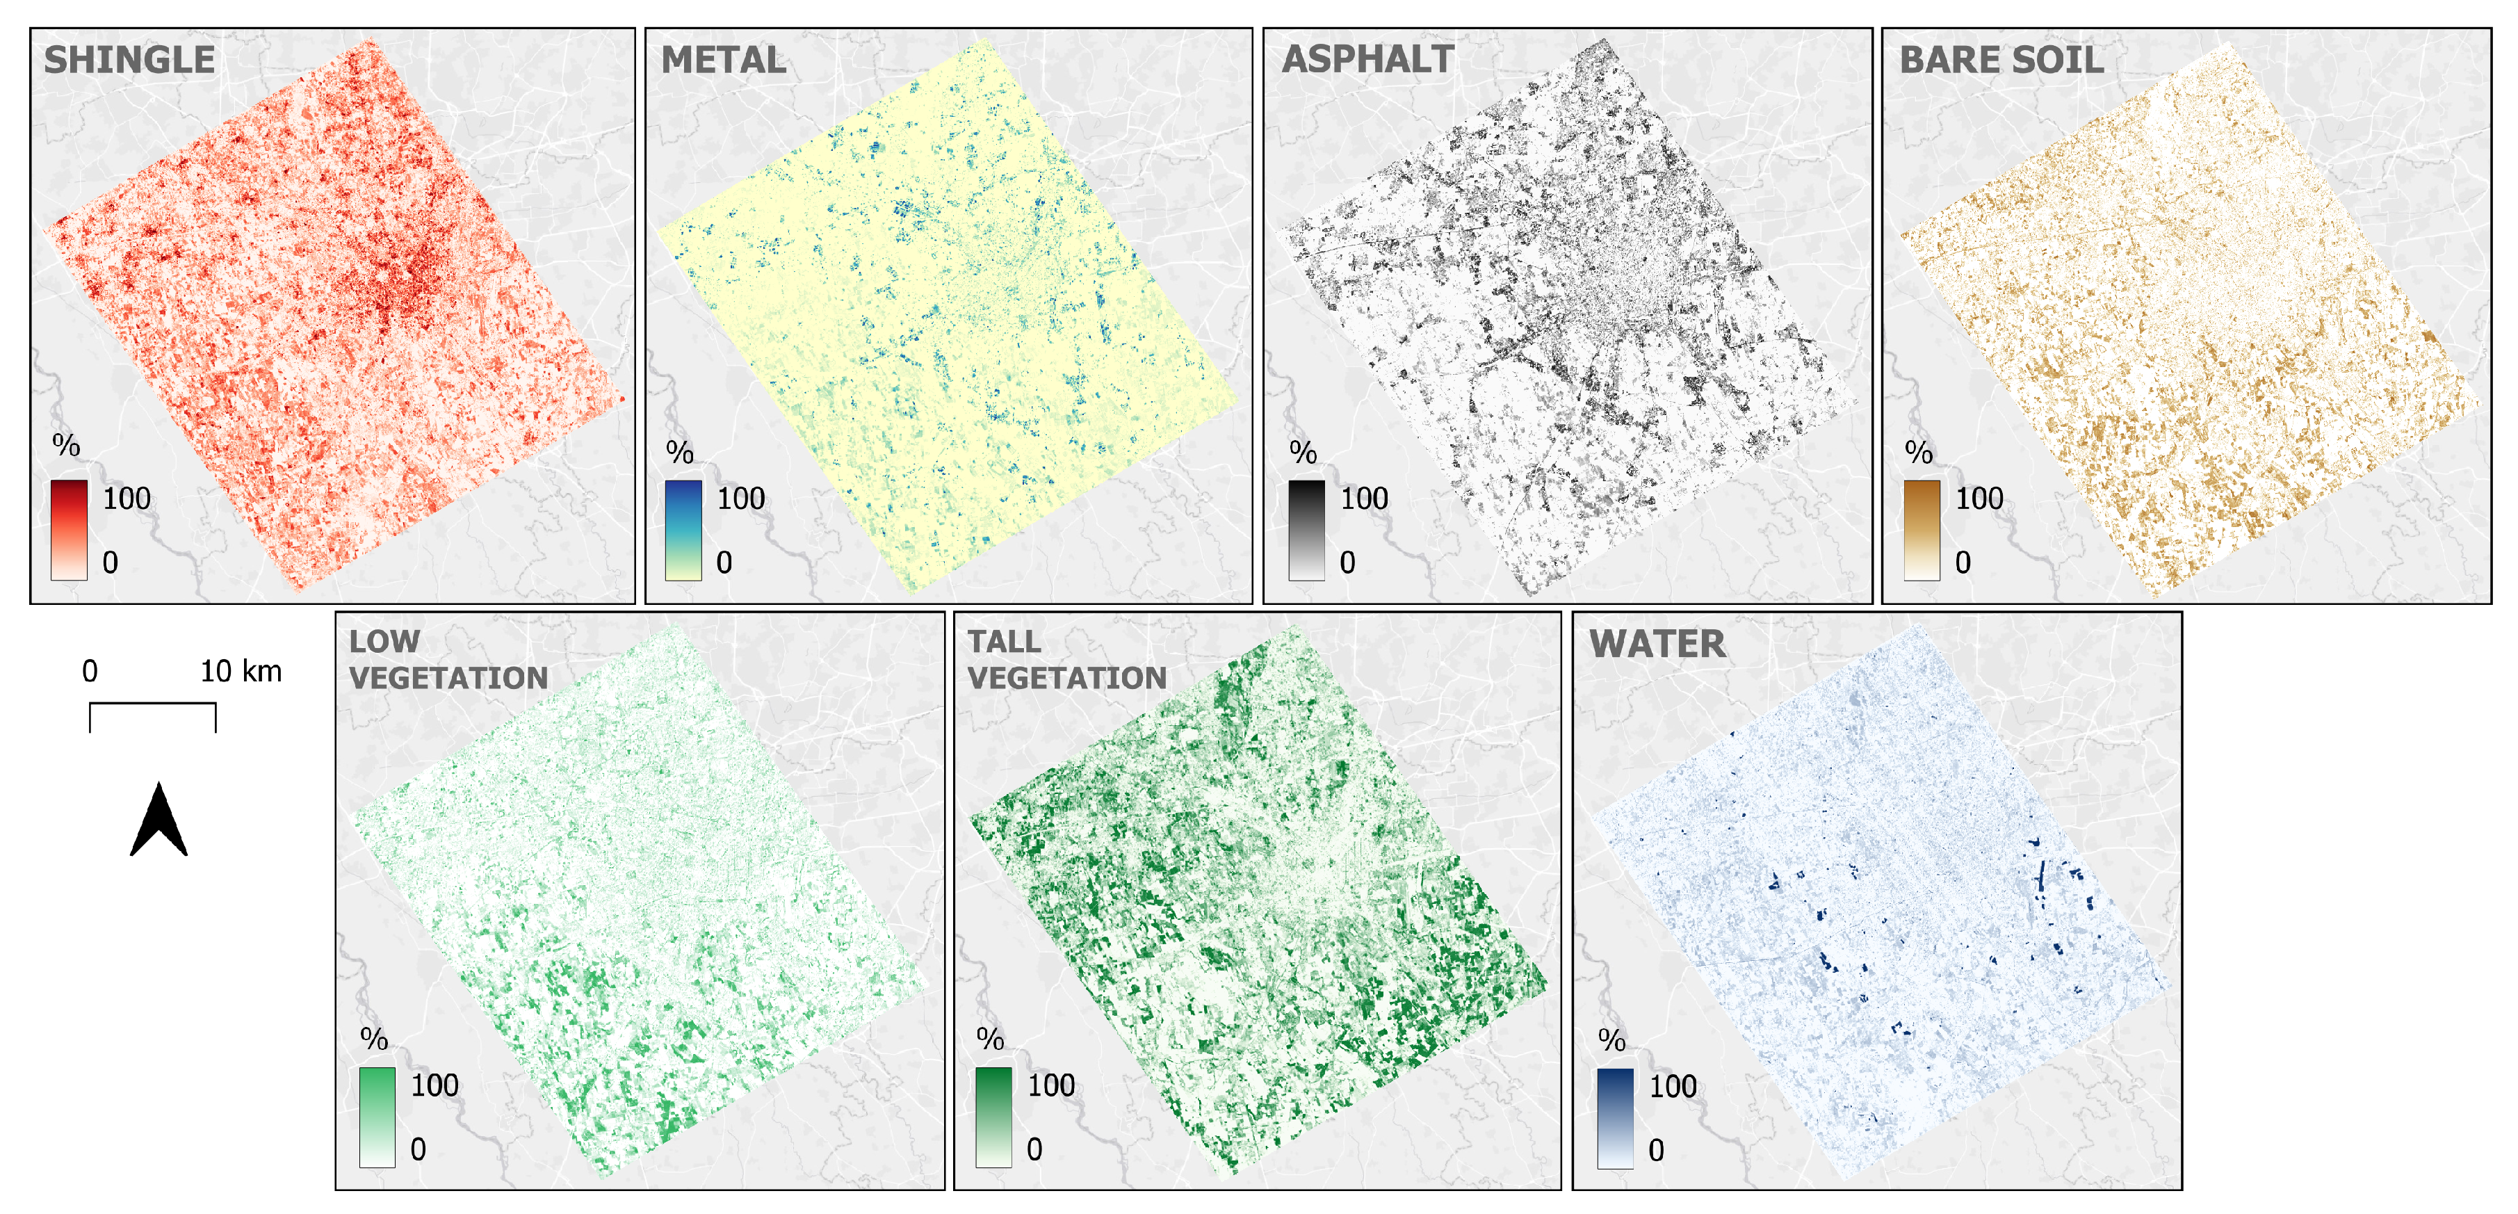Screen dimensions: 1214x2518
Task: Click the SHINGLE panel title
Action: pyautogui.click(x=129, y=60)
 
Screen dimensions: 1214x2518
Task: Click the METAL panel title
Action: pyautogui.click(x=723, y=60)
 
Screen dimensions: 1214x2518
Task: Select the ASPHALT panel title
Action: pyautogui.click(x=1367, y=60)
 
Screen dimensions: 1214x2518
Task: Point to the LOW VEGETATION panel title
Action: pyautogui.click(x=448, y=660)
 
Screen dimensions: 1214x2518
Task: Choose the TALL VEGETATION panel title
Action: pyautogui.click(x=1066, y=660)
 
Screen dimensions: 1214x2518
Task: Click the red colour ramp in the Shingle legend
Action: pyautogui.click(x=70, y=530)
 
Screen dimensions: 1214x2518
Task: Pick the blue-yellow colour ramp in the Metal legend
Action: pyautogui.click(x=683, y=530)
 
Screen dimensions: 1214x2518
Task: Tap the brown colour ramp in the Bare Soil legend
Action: pyautogui.click(x=1922, y=530)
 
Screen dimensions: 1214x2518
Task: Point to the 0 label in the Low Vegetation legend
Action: pyautogui.click(x=419, y=1149)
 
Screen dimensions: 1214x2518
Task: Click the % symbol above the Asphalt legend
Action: pyautogui.click(x=1303, y=453)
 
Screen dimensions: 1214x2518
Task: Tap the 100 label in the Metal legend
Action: pyautogui.click(x=741, y=499)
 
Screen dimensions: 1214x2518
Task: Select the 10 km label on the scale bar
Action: pyautogui.click(x=241, y=672)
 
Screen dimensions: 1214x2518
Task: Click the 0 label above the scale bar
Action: pyautogui.click(x=90, y=672)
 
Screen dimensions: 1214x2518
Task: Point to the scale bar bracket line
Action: pyautogui.click(x=152, y=704)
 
